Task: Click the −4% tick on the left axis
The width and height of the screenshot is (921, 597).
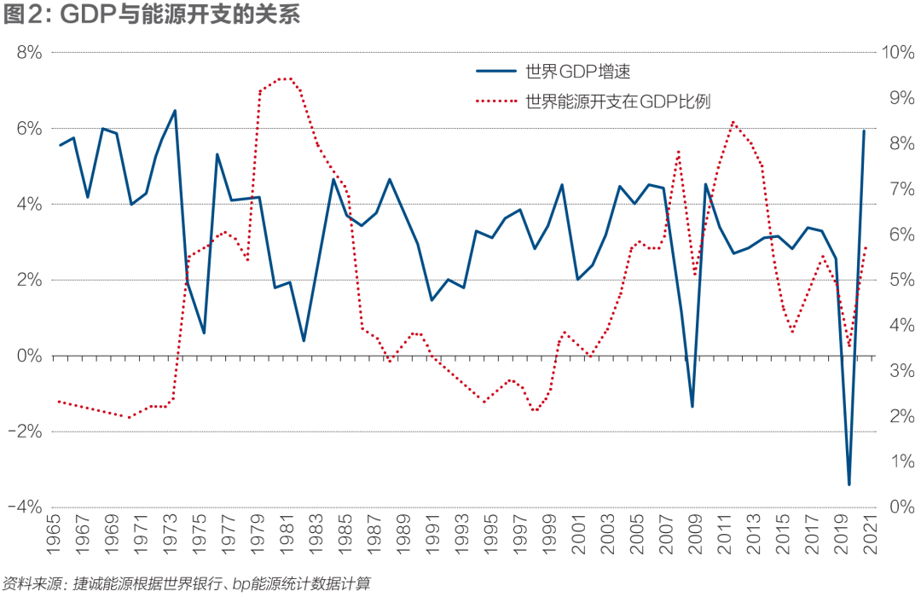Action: tap(23, 507)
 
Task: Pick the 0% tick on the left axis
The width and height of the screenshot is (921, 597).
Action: tap(28, 356)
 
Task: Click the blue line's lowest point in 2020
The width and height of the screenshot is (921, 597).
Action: tap(849, 484)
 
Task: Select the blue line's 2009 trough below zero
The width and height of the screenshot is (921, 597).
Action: tap(692, 406)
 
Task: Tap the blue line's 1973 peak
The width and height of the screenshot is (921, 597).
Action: tap(175, 111)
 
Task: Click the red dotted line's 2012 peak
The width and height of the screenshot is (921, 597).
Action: tap(733, 122)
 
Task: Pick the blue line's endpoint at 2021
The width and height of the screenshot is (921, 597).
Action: tap(864, 131)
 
